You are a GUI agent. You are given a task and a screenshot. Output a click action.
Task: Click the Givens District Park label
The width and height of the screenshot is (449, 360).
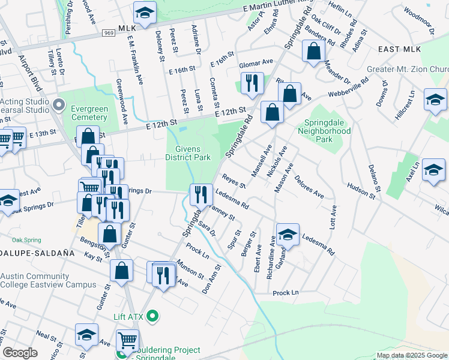(x=193, y=153)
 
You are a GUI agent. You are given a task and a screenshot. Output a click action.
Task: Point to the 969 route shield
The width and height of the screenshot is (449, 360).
(x=109, y=34)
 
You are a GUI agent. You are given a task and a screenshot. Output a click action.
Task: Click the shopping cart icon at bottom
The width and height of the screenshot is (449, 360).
(x=127, y=341)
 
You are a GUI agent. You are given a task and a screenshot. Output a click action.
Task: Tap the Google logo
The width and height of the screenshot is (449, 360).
(x=20, y=353)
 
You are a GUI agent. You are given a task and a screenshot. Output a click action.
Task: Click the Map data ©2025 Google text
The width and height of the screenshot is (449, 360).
(x=411, y=355)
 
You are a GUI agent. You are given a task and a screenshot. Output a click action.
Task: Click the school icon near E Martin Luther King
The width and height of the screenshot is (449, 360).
(x=144, y=13)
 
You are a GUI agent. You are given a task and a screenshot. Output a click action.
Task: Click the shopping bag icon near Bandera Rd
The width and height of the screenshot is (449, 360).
(x=313, y=51)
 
